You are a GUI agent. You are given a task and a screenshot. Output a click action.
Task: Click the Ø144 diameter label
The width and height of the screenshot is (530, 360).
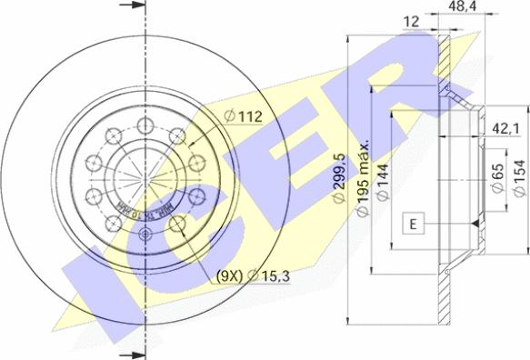pyautogui.click(x=385, y=181)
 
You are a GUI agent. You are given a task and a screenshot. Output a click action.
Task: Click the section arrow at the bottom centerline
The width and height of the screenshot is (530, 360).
pyautogui.click(x=132, y=352)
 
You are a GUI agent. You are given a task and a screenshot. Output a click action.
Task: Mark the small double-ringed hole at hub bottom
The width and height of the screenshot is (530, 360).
pyautogui.click(x=145, y=234)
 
